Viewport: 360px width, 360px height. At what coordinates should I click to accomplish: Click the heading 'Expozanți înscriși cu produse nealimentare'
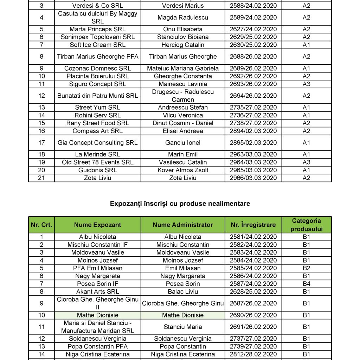(x=180, y=204)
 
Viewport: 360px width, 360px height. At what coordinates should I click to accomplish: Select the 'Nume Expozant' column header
(x=97, y=225)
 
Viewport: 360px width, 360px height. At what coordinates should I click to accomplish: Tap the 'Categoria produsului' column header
(x=306, y=225)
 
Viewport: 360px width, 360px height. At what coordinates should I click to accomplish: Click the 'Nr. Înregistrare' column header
(x=253, y=225)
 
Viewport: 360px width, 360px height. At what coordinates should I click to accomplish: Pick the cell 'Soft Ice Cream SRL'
(x=97, y=45)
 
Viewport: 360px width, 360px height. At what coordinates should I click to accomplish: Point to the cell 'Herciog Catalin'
(x=183, y=45)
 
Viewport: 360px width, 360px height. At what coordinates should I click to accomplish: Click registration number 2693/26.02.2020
(x=253, y=84)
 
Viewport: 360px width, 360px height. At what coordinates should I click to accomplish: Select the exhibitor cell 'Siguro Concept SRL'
(x=97, y=84)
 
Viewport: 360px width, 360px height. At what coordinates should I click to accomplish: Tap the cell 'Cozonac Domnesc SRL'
(x=97, y=68)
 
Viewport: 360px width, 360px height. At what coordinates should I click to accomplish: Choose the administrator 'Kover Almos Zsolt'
(x=183, y=170)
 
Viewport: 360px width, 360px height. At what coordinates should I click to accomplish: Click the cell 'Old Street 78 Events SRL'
(x=97, y=162)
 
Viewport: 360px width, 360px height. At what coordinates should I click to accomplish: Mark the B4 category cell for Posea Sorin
(x=306, y=284)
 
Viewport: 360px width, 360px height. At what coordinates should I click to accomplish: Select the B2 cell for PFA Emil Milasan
(x=306, y=268)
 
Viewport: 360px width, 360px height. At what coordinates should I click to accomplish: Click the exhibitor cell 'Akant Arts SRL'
(x=97, y=291)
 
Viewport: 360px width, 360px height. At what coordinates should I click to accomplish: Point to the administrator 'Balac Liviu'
(x=183, y=291)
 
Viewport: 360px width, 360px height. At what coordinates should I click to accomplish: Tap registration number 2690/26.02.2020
(x=253, y=315)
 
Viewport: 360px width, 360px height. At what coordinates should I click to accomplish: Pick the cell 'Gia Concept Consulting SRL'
(x=97, y=143)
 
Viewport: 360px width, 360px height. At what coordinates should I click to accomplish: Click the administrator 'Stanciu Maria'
(x=183, y=327)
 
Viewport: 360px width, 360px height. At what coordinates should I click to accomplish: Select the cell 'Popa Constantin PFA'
(x=97, y=346)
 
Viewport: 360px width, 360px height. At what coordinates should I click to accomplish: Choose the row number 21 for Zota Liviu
(x=41, y=178)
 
